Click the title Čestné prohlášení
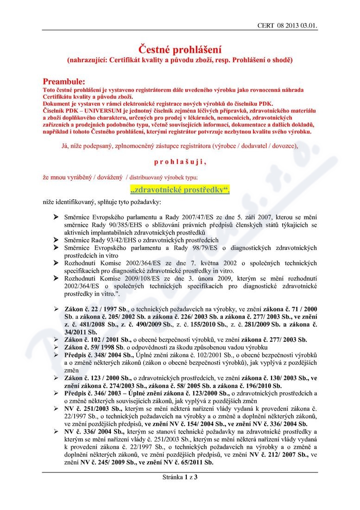coord(180,49)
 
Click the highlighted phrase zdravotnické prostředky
coord(180,190)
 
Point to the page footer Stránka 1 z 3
coord(180,477)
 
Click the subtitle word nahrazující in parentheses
coord(87,60)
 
